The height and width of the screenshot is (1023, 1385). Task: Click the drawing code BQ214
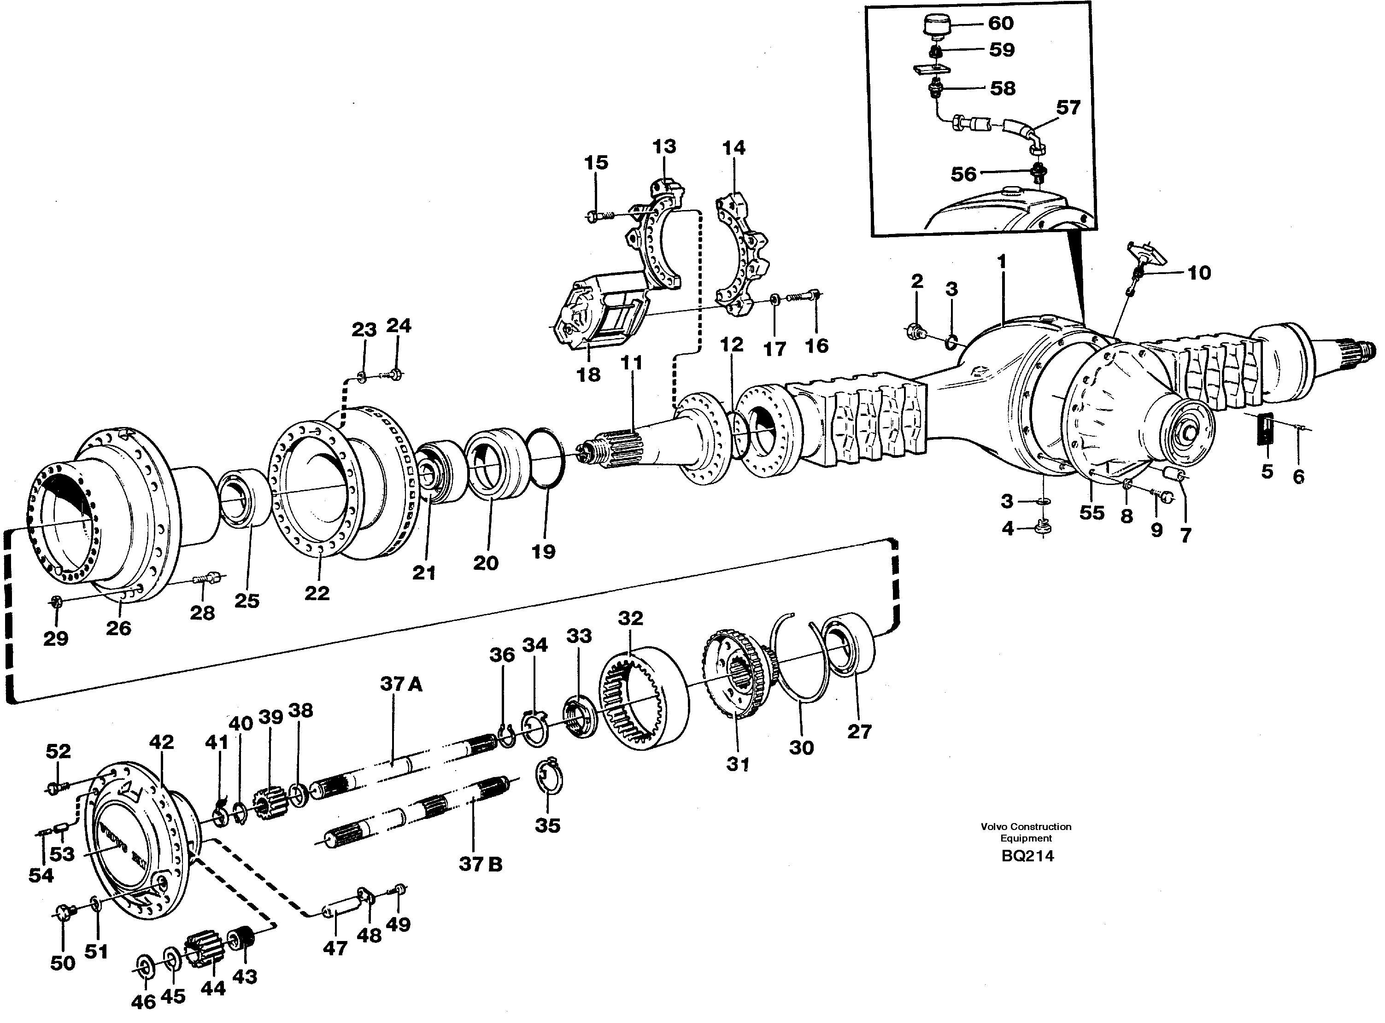pyautogui.click(x=1027, y=856)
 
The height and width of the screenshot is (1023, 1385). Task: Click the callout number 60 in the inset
pyautogui.click(x=1000, y=23)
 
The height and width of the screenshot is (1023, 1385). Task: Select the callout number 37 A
pyautogui.click(x=401, y=684)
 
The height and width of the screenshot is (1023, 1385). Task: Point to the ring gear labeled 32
pyautogui.click(x=644, y=696)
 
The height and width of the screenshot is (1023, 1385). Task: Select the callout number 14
pyautogui.click(x=734, y=148)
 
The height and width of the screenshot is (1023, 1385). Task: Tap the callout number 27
pyautogui.click(x=859, y=731)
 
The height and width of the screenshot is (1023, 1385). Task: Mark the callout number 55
pyautogui.click(x=1092, y=513)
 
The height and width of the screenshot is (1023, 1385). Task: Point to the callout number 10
pyautogui.click(x=1199, y=273)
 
